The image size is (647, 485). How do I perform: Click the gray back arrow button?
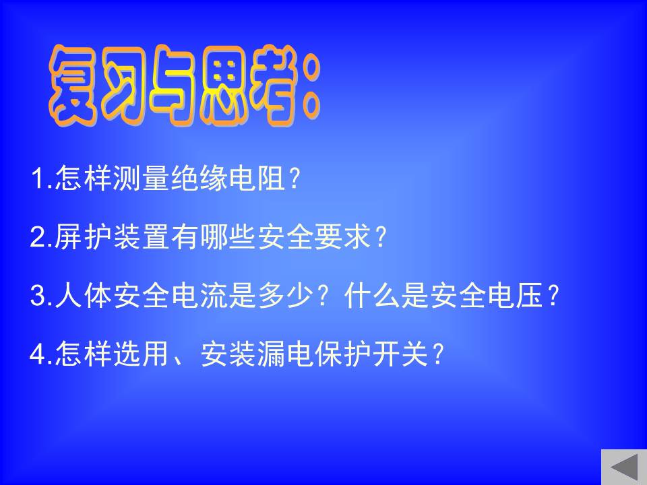[x=624, y=467]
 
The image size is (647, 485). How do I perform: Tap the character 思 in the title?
[x=224, y=85]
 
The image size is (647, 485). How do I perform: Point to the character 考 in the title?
[x=275, y=85]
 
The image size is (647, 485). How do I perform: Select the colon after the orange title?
[x=311, y=88]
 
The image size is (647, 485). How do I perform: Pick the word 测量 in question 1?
[x=141, y=178]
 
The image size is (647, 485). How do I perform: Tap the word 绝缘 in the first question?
[x=199, y=178]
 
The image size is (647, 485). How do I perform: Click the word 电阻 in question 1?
[x=257, y=178]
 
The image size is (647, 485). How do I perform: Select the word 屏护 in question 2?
[x=83, y=236]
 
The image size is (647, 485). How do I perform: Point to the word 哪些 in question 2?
[x=228, y=236]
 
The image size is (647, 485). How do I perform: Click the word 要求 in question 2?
[x=342, y=236]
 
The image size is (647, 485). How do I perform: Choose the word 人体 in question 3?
[x=83, y=295]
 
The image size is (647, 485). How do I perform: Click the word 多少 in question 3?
[x=285, y=295]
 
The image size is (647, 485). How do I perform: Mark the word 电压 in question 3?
[x=515, y=295]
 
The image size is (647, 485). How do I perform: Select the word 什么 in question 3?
[x=372, y=295]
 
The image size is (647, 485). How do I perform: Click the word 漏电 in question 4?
[x=285, y=354]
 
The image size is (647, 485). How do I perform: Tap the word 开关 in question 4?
[x=400, y=354]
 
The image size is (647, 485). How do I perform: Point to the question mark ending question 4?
[x=437, y=354]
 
